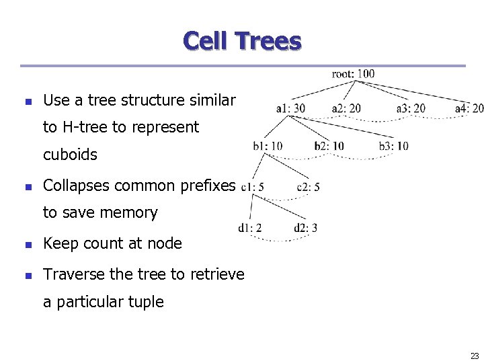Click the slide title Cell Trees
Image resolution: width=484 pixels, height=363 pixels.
[x=242, y=42]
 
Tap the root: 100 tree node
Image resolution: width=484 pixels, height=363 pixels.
[x=353, y=73]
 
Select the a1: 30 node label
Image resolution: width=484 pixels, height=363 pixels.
[x=290, y=108]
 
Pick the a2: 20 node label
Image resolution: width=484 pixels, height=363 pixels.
[x=346, y=108]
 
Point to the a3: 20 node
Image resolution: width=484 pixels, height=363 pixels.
[x=411, y=108]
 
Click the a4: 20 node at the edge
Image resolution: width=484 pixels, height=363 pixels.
[x=469, y=108]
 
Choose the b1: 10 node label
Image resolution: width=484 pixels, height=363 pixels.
[x=268, y=146]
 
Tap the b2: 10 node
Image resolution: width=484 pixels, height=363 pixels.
[x=329, y=146]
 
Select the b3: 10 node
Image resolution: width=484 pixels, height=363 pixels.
[x=393, y=146]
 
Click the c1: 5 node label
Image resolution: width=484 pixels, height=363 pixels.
[x=252, y=186]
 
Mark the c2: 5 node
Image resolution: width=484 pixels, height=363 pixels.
[x=308, y=186]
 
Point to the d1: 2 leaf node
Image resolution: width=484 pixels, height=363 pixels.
[x=249, y=228]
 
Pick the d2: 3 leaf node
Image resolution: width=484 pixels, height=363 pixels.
[x=305, y=228]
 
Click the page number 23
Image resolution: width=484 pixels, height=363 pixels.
[x=475, y=356]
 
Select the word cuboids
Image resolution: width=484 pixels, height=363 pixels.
[x=70, y=155]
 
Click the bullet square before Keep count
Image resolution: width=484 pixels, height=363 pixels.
[x=28, y=244]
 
